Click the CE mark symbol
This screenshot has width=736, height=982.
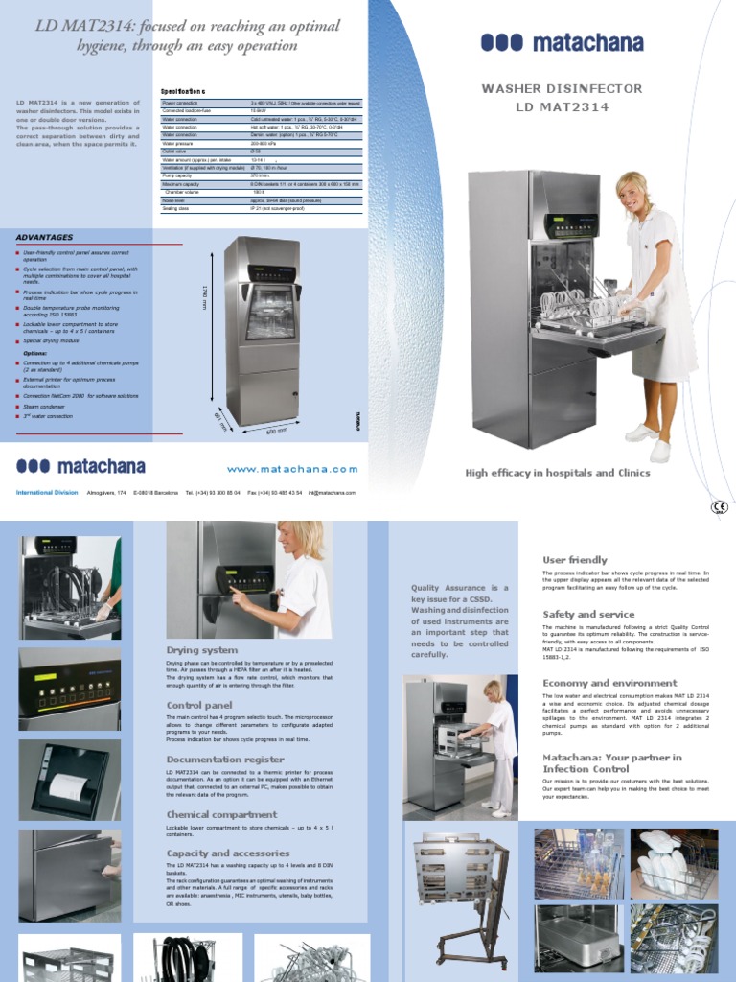[x=719, y=507]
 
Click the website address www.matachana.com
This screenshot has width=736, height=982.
[x=292, y=469]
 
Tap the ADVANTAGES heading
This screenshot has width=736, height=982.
[x=44, y=237]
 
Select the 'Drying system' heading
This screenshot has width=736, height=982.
[x=202, y=650]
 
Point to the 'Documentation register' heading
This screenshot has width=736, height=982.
[x=225, y=759]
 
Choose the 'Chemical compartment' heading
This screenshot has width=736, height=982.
[x=221, y=814]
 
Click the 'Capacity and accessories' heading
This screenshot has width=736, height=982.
[x=228, y=853]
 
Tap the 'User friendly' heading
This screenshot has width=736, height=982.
[x=575, y=559]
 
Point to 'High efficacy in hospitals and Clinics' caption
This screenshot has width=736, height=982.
[x=557, y=473]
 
